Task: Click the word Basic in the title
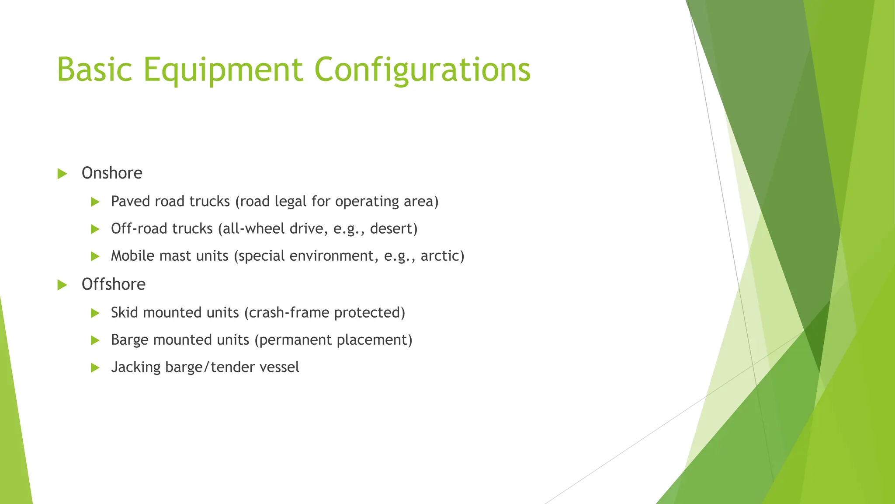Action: pos(94,69)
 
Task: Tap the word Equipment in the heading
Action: pos(223,70)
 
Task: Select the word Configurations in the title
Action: pos(422,70)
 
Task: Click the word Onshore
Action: pos(112,173)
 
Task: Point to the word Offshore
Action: pos(114,284)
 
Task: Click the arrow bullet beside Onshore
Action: pos(62,174)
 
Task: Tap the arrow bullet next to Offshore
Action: pos(62,285)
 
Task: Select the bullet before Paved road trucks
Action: pos(95,202)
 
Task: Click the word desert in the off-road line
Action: pos(392,228)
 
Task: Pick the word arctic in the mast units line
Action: pos(441,255)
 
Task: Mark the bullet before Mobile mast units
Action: pos(95,256)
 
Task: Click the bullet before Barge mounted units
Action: pos(95,340)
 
